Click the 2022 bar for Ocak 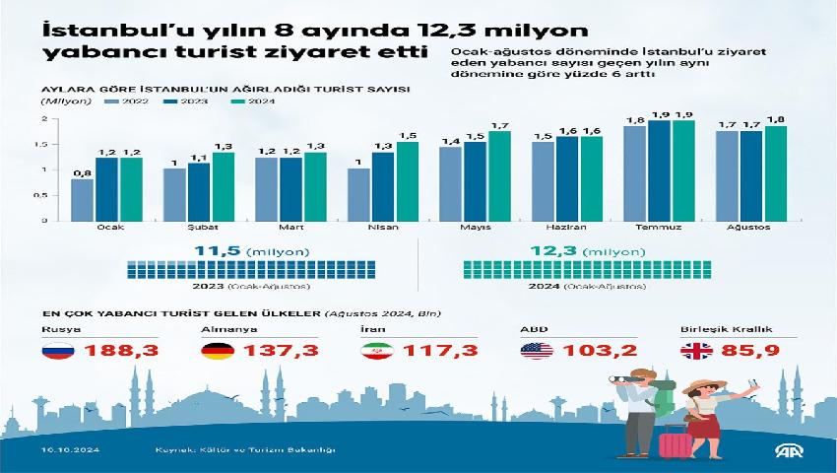(x=84, y=199)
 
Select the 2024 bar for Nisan (x=407, y=181)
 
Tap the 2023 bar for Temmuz (x=659, y=170)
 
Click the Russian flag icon (x=56, y=351)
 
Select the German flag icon (x=216, y=351)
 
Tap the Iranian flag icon (x=375, y=351)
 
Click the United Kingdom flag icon (x=694, y=351)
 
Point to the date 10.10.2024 (x=62, y=450)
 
